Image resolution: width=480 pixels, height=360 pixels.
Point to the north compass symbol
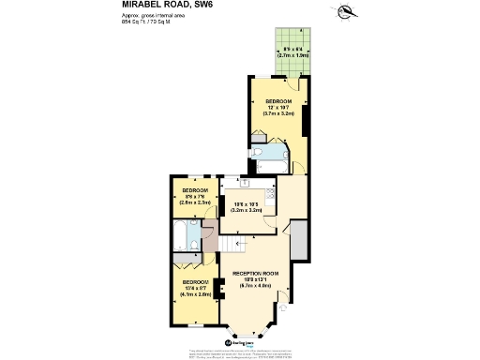pyautogui.click(x=348, y=12)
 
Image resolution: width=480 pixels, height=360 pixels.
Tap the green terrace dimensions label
pyautogui.click(x=292, y=54)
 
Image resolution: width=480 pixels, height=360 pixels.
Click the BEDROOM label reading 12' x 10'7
pyautogui.click(x=279, y=107)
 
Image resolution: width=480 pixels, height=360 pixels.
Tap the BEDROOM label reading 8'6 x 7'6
pyautogui.click(x=195, y=196)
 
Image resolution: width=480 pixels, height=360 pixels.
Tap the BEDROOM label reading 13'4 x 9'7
pyautogui.click(x=195, y=288)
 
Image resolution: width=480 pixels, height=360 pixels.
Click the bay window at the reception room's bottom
pyautogui.click(x=246, y=328)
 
